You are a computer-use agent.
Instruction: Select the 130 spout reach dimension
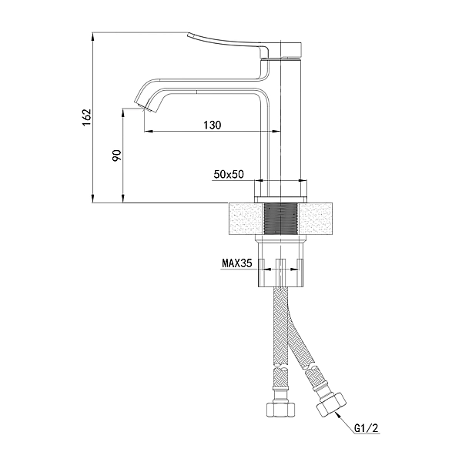click(213, 126)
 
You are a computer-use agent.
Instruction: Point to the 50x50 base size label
click(228, 175)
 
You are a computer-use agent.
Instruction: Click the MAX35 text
click(238, 263)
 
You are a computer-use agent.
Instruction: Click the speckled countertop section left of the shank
click(246, 219)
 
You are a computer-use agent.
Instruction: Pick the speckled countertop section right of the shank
click(319, 219)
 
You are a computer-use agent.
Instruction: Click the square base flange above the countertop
click(281, 189)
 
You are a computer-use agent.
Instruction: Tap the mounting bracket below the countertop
click(281, 266)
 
